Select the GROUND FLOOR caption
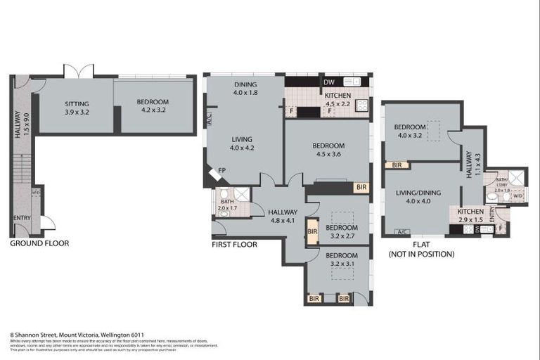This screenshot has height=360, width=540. [x=39, y=243]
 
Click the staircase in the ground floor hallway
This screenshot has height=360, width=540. [x=22, y=169]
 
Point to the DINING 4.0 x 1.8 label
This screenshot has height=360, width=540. [x=245, y=88]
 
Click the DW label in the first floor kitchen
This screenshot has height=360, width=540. [x=329, y=82]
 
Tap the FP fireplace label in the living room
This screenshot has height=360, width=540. [x=222, y=171]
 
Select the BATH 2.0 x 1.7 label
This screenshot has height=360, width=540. [x=227, y=205]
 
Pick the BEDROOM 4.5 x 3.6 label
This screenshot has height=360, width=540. [x=327, y=150]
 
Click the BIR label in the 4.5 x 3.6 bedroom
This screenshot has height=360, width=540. [x=361, y=188]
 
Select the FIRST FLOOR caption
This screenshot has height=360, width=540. [x=235, y=245]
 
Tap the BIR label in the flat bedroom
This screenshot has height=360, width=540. [x=397, y=165]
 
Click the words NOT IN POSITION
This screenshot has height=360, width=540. [x=421, y=254]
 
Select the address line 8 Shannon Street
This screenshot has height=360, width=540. [x=77, y=335]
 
